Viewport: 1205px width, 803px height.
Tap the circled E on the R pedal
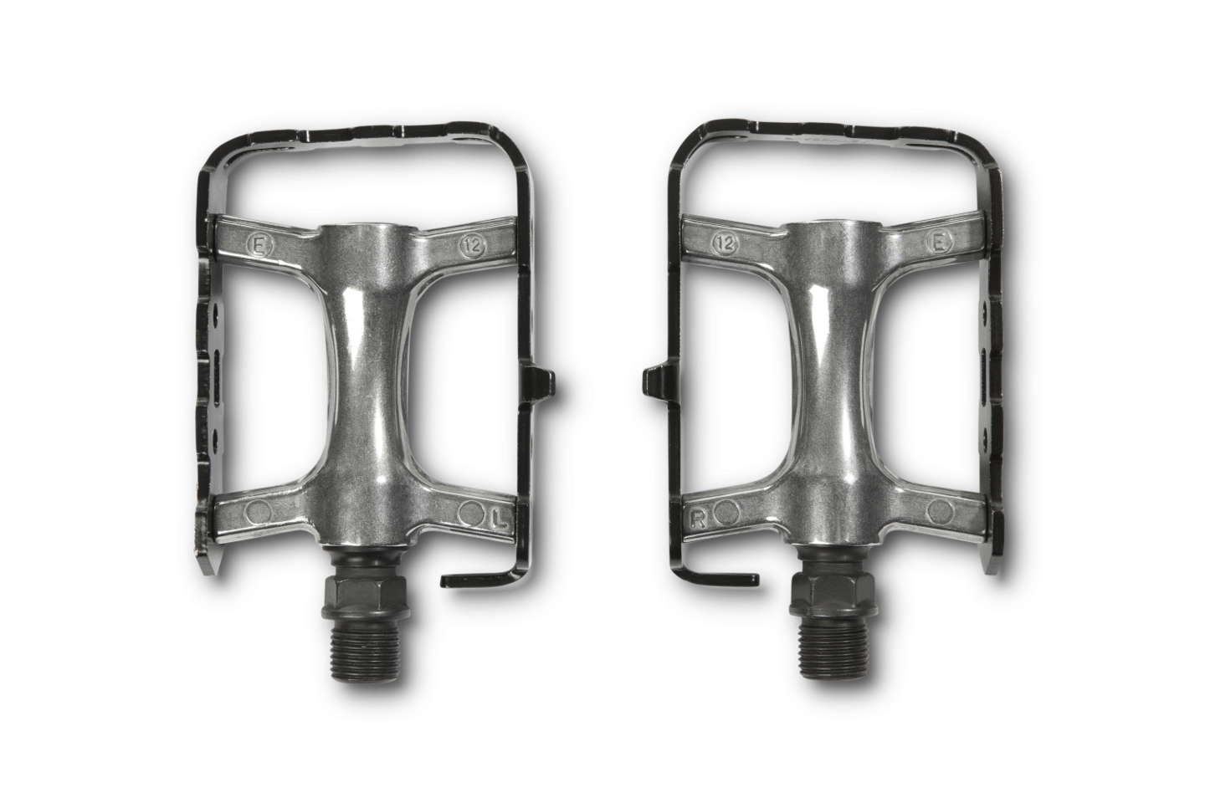(x=939, y=243)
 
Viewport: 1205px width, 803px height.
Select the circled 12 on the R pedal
(x=726, y=243)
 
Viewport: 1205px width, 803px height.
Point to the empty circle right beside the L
(x=470, y=512)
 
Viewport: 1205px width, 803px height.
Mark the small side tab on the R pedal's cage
(x=654, y=381)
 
